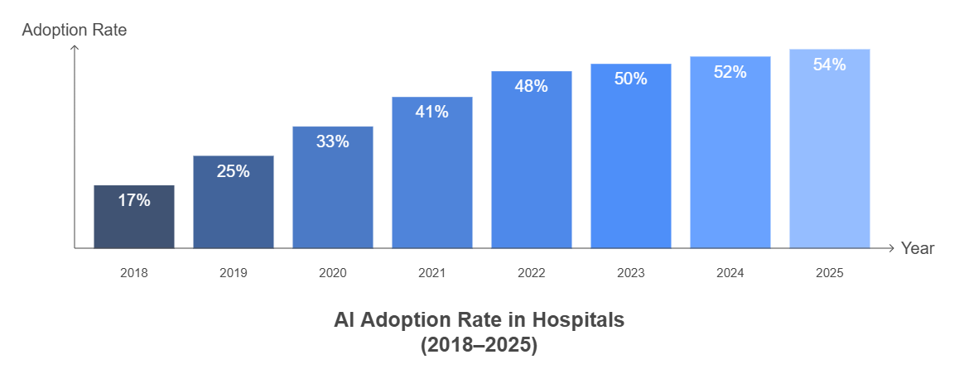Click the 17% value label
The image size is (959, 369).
pyautogui.click(x=133, y=200)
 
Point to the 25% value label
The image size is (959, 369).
pyautogui.click(x=233, y=171)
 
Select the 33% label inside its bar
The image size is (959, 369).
pyautogui.click(x=332, y=141)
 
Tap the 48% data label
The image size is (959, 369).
pyautogui.click(x=531, y=86)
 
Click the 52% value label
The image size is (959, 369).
pyautogui.click(x=730, y=72)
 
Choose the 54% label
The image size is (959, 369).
pyautogui.click(x=829, y=65)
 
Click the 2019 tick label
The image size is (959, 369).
pyautogui.click(x=233, y=272)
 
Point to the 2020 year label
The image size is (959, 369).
pyautogui.click(x=332, y=272)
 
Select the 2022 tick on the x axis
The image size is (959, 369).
pyautogui.click(x=531, y=272)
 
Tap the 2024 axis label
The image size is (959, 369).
pyautogui.click(x=730, y=272)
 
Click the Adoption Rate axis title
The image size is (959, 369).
pyautogui.click(x=74, y=30)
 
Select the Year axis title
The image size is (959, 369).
pyautogui.click(x=918, y=248)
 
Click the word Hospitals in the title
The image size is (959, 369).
pyautogui.click(x=577, y=320)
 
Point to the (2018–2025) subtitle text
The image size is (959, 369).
pyautogui.click(x=479, y=345)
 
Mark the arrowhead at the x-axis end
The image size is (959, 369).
pyautogui.click(x=891, y=248)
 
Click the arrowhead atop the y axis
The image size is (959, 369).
pyautogui.click(x=75, y=48)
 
